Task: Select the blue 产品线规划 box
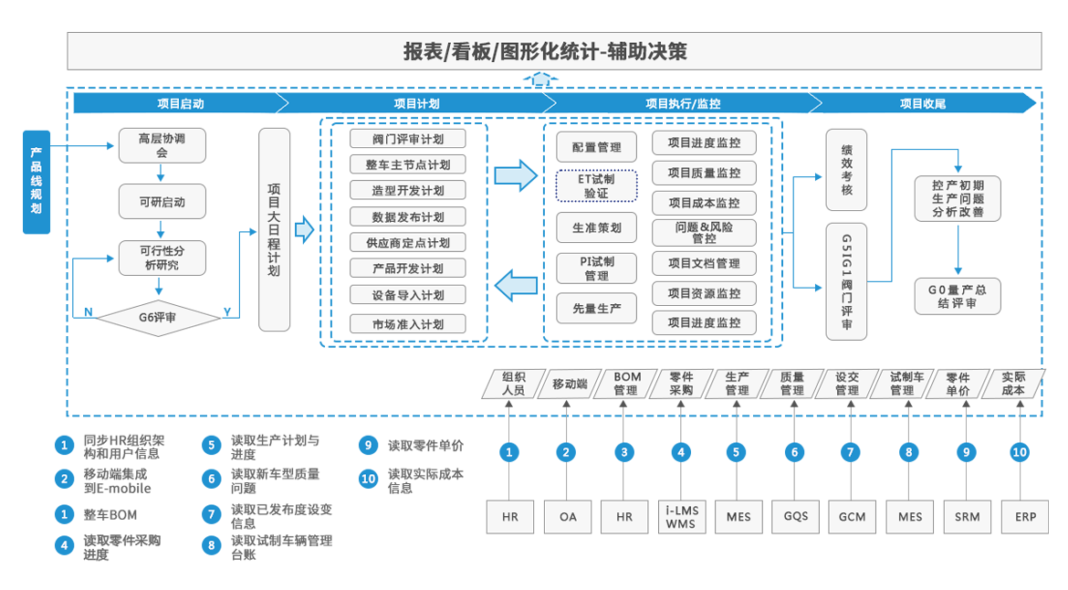pyautogui.click(x=37, y=182)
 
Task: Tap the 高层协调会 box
pyautogui.click(x=162, y=146)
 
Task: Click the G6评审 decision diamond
pyautogui.click(x=157, y=318)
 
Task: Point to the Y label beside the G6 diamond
pyautogui.click(x=226, y=312)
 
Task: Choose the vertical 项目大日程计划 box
pyautogui.click(x=274, y=229)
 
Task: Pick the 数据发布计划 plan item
pyautogui.click(x=407, y=217)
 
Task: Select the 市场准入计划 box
pyautogui.click(x=407, y=324)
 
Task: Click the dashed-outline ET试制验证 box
pyautogui.click(x=596, y=186)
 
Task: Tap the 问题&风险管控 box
pyautogui.click(x=704, y=233)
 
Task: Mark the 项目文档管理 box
pyautogui.click(x=704, y=264)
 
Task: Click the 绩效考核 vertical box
pyautogui.click(x=846, y=170)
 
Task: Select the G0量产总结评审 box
pyautogui.click(x=958, y=296)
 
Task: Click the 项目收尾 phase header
pyautogui.click(x=922, y=103)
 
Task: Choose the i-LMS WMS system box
pyautogui.click(x=680, y=517)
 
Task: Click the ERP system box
pyautogui.click(x=1020, y=517)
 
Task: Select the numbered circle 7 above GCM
pyautogui.click(x=851, y=452)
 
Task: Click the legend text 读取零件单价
pyautogui.click(x=425, y=446)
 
